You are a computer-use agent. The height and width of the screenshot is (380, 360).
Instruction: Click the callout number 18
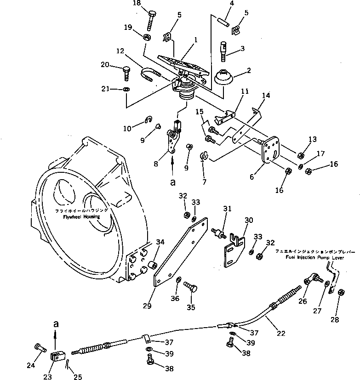point(149,4)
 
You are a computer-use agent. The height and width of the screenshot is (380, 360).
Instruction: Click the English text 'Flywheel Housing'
point(81,216)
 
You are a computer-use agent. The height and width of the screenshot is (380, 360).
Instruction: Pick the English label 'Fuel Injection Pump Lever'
point(309,259)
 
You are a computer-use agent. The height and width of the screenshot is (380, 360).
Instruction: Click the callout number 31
point(226,209)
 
